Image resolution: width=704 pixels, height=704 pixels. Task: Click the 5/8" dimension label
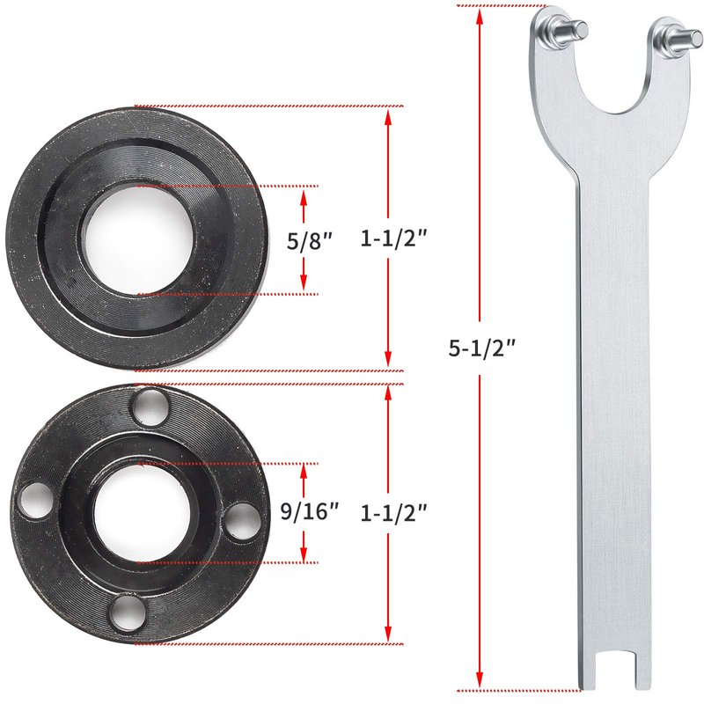click(310, 241)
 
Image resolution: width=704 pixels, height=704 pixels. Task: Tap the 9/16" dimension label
click(310, 511)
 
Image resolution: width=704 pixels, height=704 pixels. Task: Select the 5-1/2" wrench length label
click(482, 348)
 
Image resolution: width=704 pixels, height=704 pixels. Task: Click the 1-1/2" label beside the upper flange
click(393, 238)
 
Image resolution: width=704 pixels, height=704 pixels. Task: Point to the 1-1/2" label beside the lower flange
click(393, 513)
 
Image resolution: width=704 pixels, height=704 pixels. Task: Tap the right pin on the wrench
click(684, 39)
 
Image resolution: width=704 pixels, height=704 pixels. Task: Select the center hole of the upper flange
click(138, 240)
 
